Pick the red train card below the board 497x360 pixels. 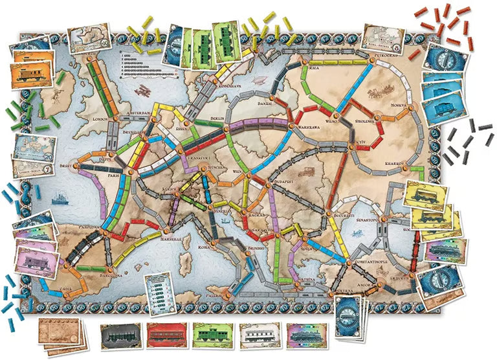point(167,336)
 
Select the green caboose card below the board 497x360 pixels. point(213,336)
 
